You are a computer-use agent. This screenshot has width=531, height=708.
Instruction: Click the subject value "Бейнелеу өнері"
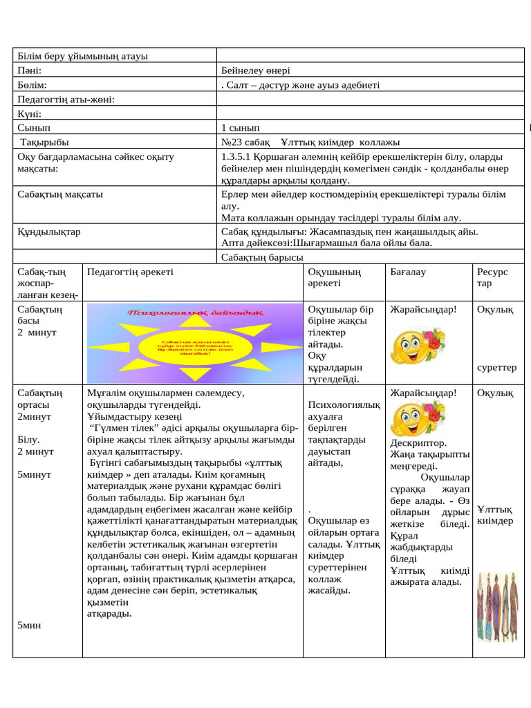click(256, 71)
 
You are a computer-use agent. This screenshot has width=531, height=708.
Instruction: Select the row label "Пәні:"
click(30, 71)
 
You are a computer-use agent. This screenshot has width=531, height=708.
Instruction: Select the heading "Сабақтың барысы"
click(262, 257)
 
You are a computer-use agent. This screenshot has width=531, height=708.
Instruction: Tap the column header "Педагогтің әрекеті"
click(130, 272)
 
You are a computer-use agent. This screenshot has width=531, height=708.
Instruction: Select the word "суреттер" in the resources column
click(496, 367)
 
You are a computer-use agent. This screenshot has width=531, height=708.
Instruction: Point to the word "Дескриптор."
click(418, 442)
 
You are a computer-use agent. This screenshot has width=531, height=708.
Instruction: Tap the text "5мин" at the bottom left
click(29, 624)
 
